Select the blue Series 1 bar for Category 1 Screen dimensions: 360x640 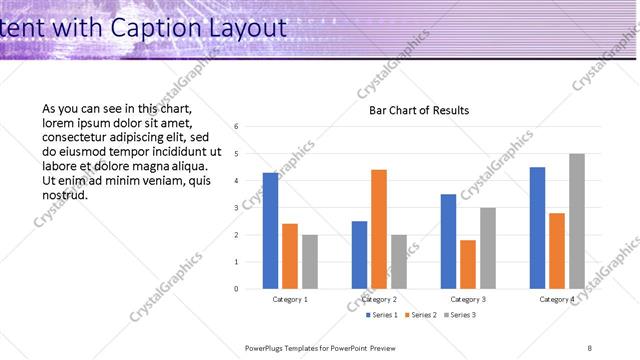coord(270,231)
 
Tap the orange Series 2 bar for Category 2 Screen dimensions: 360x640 coord(379,229)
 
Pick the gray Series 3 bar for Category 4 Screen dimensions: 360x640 coord(577,221)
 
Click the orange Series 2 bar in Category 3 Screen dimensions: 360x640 coord(468,264)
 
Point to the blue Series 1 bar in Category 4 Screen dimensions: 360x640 coord(537,228)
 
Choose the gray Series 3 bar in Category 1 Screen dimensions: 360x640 coord(310,262)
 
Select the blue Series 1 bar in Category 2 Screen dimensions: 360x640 coord(359,255)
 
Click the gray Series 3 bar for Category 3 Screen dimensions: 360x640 coord(488,248)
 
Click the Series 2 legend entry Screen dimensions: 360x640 coord(421,316)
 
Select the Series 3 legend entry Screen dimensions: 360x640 coord(459,316)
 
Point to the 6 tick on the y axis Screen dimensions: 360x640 coord(236,127)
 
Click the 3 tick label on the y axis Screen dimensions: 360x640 coord(236,208)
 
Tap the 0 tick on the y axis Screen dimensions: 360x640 coord(236,289)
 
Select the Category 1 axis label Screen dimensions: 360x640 coord(290,299)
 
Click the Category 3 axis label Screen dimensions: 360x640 coord(468,299)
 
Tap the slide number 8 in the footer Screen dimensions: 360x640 coord(589,347)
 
